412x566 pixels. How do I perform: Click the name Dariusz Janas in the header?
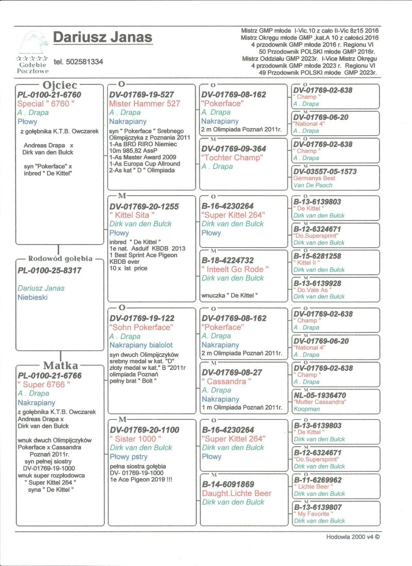[x=102, y=38]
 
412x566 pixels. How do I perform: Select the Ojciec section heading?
[x=60, y=85]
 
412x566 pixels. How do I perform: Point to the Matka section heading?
[x=60, y=365]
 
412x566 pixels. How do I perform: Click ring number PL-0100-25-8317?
[x=49, y=270]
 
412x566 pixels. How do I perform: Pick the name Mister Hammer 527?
[x=145, y=104]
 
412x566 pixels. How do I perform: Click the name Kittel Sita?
[x=130, y=215]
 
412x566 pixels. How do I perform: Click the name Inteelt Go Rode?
[x=235, y=269]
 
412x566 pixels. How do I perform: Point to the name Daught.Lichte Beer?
[x=236, y=493]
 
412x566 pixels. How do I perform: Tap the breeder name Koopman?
[x=306, y=409]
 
